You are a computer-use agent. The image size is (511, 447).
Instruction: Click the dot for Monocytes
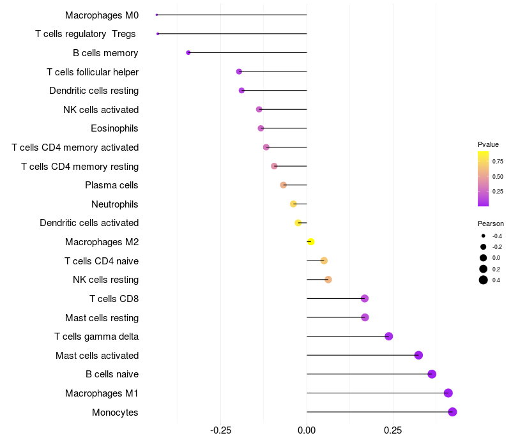coord(452,412)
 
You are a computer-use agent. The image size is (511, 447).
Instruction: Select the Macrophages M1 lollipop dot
coord(448,393)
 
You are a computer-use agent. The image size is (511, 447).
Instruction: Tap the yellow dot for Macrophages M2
coord(310,242)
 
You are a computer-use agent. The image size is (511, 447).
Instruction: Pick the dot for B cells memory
coord(188,52)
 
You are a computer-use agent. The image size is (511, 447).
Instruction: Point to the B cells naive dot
coord(432,374)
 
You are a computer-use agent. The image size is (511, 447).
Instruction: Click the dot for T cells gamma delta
coord(388,337)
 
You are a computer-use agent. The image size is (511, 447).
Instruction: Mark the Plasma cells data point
coord(284,185)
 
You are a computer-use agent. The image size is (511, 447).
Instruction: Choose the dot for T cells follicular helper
coord(239,72)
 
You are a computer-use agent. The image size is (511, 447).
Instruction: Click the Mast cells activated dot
coord(418,355)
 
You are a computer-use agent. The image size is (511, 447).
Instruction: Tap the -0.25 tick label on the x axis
coord(220,430)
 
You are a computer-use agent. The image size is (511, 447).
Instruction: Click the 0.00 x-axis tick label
coord(307,430)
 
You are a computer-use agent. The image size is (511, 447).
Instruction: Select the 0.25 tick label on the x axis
coord(393,430)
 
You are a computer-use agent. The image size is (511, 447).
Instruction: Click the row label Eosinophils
coord(114,128)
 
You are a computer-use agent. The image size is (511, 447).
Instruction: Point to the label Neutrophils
coord(114,204)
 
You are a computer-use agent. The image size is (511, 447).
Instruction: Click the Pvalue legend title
coord(488,144)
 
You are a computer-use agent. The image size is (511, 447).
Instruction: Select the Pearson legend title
coord(491,223)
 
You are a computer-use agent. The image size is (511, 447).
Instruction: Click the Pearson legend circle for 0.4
coord(484,280)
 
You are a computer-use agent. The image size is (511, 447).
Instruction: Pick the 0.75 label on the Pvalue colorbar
coord(498,161)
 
